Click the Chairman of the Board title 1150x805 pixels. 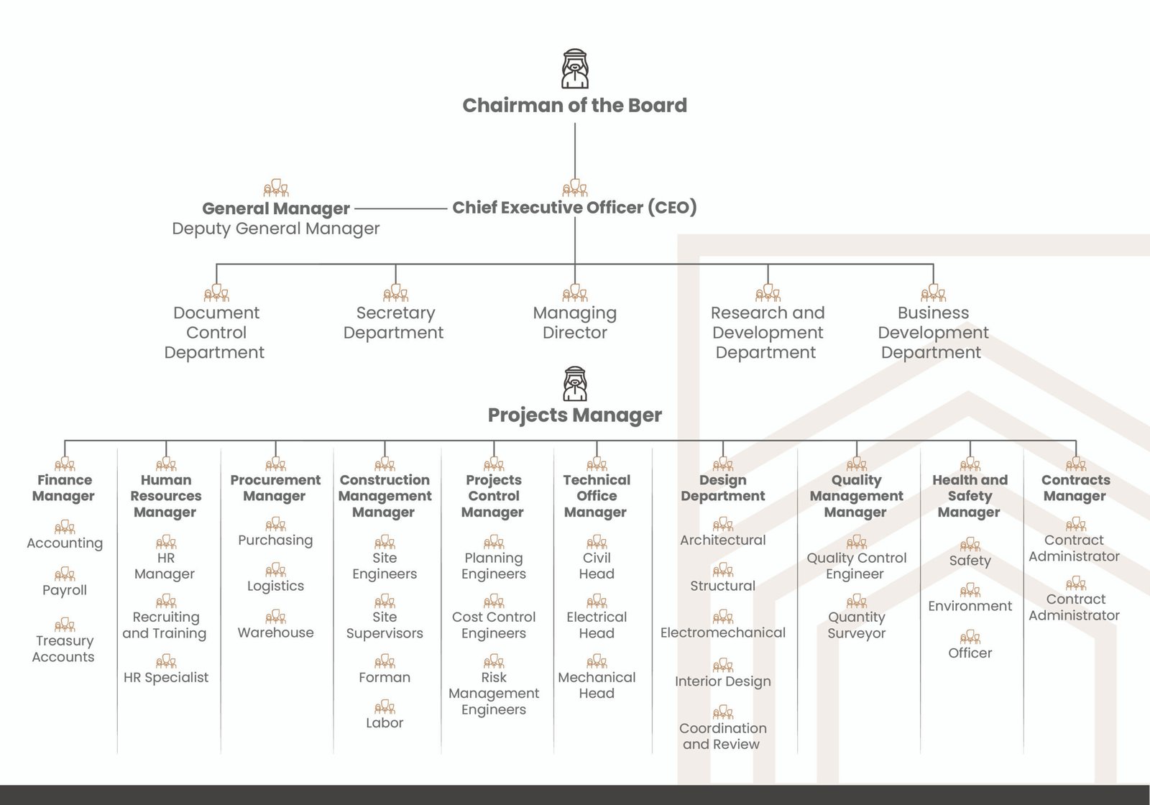[x=574, y=106]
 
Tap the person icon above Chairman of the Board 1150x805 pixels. [x=575, y=69]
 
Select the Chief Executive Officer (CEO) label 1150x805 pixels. [x=574, y=208]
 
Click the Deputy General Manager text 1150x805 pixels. [x=276, y=229]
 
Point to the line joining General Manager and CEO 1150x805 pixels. [x=400, y=208]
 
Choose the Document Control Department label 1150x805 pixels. [x=216, y=333]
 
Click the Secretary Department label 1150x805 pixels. [x=395, y=323]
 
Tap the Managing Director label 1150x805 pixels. [x=575, y=323]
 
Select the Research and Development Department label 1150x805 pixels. [x=768, y=333]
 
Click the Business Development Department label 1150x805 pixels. [x=933, y=333]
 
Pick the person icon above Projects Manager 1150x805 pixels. [x=575, y=384]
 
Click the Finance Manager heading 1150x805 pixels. [x=64, y=488]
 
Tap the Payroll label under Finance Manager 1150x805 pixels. [x=65, y=590]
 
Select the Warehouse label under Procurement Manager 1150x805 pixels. [x=276, y=632]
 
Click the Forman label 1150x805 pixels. [x=385, y=677]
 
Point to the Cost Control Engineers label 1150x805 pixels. [x=494, y=625]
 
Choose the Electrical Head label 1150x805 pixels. [x=597, y=625]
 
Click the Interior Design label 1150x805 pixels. [x=723, y=681]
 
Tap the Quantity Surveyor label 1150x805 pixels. [x=856, y=625]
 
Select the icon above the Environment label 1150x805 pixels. [x=970, y=590]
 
